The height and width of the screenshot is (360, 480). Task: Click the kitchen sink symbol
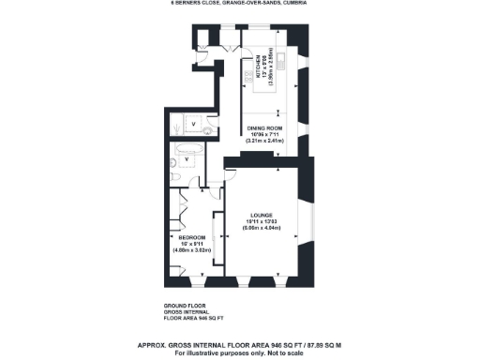(x=281, y=57)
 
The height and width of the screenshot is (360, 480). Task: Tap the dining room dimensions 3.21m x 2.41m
(x=265, y=141)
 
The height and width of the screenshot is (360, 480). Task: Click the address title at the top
(x=239, y=4)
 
